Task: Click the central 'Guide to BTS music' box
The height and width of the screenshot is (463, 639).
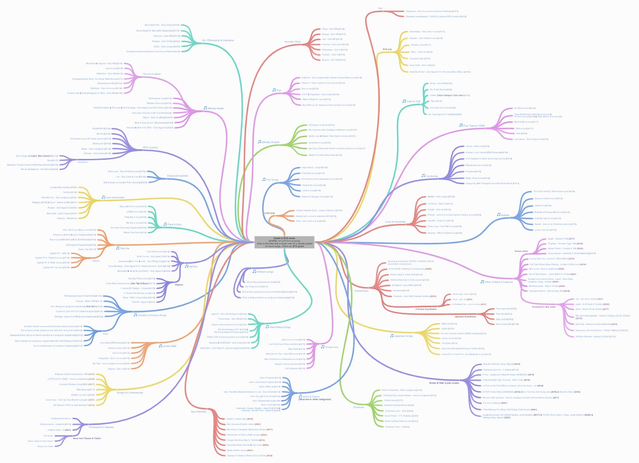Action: coord(284,242)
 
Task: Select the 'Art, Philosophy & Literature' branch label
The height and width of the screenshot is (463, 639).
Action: coord(218,40)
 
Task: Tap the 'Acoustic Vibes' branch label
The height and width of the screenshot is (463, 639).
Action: coord(292,42)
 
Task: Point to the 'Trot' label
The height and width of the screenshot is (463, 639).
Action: coord(380,8)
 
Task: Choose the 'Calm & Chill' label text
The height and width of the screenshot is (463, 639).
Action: coord(413,101)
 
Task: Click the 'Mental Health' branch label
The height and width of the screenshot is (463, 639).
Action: coord(216,108)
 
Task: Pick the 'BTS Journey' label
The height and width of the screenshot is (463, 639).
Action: coord(150,147)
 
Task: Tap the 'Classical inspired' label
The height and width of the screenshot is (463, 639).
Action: coord(177,176)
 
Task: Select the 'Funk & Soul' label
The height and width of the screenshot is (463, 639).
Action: coord(174,224)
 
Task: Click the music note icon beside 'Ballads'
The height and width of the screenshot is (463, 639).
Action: coord(498,215)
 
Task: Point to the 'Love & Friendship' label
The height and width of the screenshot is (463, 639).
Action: coord(395,222)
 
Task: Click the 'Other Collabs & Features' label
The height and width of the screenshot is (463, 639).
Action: coord(499,282)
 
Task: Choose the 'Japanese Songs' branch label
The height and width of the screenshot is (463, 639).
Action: coord(403,336)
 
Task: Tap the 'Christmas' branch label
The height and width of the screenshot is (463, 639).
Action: coord(358,407)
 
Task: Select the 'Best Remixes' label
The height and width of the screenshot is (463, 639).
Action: coord(199,412)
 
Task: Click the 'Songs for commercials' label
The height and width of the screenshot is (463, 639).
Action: coord(130,393)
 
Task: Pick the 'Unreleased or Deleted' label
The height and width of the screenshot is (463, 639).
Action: coord(101,427)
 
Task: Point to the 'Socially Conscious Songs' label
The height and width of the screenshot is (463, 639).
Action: coord(152,315)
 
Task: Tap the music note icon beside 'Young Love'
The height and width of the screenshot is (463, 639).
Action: coord(322,347)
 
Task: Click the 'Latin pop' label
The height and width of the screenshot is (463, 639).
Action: coord(269,213)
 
